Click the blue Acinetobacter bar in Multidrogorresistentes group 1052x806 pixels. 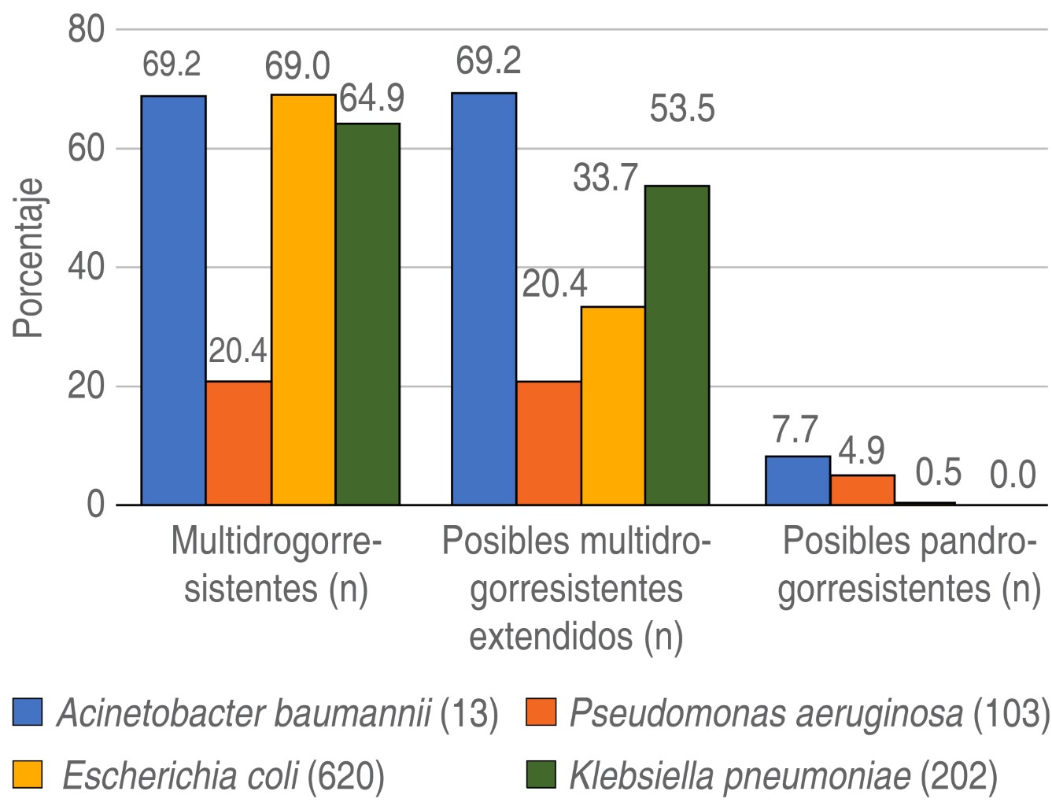tap(173, 299)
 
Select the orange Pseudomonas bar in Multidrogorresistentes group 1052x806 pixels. tap(238, 442)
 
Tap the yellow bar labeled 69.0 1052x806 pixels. tap(303, 299)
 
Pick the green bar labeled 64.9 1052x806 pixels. tap(367, 313)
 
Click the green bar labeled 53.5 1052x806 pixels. tap(677, 345)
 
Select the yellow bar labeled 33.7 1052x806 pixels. tap(613, 405)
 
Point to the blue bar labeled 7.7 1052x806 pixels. tap(797, 480)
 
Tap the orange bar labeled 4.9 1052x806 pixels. tap(862, 489)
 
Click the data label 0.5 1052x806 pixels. tap(939, 473)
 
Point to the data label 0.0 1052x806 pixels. tap(1013, 476)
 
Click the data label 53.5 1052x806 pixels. tap(682, 109)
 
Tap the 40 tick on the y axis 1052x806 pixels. tap(86, 268)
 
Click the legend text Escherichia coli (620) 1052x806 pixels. tap(223, 777)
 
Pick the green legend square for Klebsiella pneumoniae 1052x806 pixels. tap(539, 777)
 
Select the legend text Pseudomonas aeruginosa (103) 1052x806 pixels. tap(808, 714)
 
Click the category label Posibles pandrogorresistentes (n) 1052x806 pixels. tap(909, 565)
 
